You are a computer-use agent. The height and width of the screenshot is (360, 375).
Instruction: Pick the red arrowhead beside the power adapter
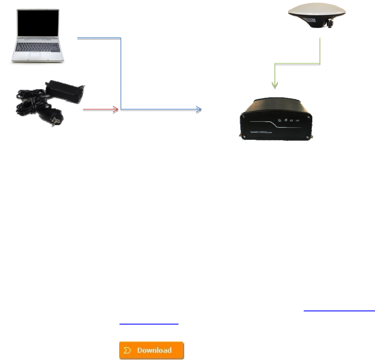click(x=115, y=110)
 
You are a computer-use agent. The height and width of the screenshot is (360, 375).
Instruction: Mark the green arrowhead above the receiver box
click(x=274, y=85)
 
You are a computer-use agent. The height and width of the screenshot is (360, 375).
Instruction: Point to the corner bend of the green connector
click(x=320, y=64)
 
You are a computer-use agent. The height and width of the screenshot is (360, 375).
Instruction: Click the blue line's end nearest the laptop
click(x=78, y=39)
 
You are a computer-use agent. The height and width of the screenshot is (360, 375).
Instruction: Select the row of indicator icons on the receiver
click(x=288, y=120)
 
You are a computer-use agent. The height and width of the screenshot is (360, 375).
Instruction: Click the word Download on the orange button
click(x=155, y=351)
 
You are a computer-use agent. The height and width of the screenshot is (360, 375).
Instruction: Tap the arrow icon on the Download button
click(x=128, y=351)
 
